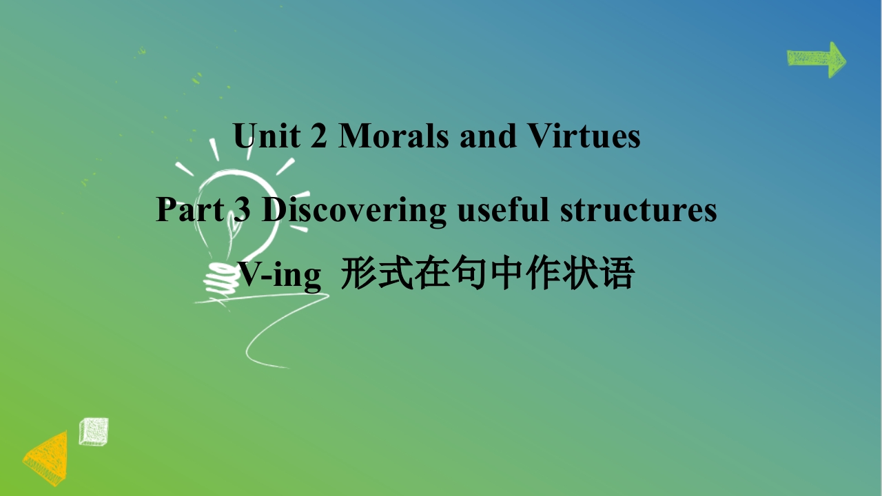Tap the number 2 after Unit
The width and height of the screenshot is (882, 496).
[318, 136]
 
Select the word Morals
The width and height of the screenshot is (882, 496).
[393, 136]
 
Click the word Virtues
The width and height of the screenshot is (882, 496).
[584, 136]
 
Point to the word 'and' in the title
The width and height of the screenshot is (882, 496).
[489, 136]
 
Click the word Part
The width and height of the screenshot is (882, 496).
[191, 209]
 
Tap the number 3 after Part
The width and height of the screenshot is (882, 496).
[242, 209]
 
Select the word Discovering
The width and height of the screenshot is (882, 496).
[354, 211]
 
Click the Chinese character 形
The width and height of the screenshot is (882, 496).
[358, 273]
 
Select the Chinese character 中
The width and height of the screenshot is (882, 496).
[506, 273]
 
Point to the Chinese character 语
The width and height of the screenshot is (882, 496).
[617, 273]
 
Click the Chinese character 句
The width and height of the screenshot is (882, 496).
[470, 273]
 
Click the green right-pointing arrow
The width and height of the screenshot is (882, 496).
[817, 59]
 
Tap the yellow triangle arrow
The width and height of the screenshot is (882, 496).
[46, 458]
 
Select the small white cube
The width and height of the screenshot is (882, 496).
[94, 432]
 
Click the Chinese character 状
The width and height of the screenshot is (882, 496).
[580, 273]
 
